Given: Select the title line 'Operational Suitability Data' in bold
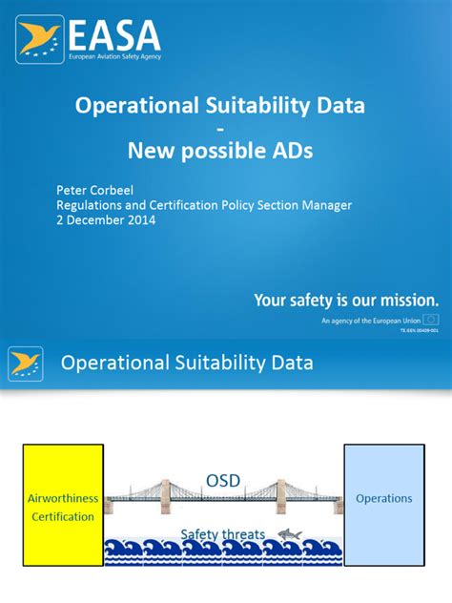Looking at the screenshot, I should click(219, 105).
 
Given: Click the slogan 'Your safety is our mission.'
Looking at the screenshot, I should click(346, 301).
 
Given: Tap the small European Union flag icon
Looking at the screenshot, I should click(431, 320).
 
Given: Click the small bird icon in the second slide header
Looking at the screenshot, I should click(25, 364).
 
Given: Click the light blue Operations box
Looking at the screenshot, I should click(383, 499).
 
